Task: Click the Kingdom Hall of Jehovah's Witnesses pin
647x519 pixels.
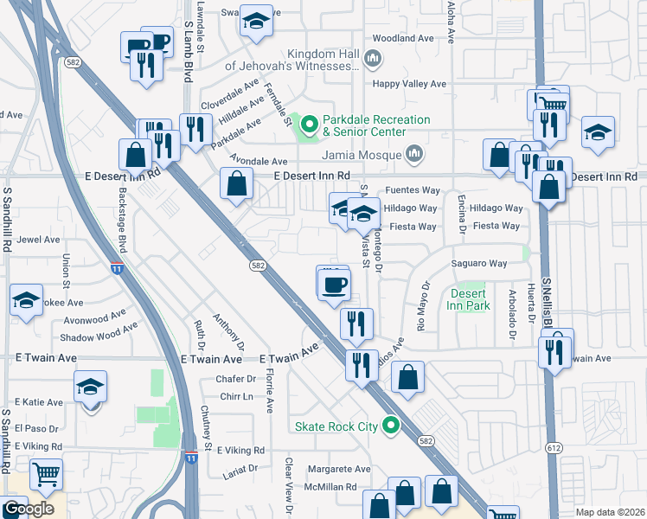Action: coord(373,59)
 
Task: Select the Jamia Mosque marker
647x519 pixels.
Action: coord(414,154)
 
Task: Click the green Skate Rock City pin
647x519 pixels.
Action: coord(391,426)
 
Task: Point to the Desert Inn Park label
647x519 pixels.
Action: coord(470,299)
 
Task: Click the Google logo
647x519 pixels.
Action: coord(28,509)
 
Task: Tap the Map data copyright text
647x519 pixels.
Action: coord(610,512)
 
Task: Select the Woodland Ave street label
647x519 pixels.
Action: coord(402,39)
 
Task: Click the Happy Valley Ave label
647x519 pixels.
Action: coord(409,84)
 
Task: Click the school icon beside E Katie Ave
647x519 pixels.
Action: coord(90,387)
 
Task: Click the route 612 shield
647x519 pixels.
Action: coord(554,447)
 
